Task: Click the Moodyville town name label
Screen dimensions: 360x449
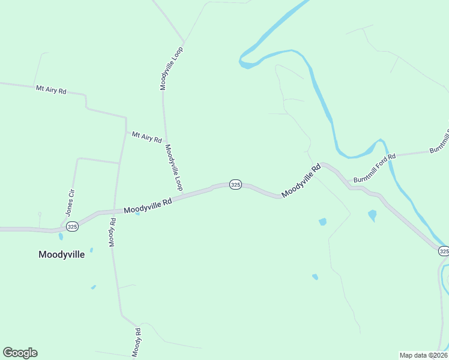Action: click(x=61, y=254)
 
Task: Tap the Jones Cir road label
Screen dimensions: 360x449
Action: click(x=70, y=203)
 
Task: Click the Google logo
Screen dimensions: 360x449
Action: click(x=20, y=353)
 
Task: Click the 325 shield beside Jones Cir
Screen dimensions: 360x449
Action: click(x=72, y=226)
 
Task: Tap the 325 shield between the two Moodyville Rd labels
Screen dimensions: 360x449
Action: click(x=235, y=185)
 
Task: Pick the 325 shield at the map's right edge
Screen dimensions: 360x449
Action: click(x=443, y=251)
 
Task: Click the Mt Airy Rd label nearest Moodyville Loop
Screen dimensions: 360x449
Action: click(x=147, y=137)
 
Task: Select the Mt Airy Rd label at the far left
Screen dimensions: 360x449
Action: click(x=51, y=90)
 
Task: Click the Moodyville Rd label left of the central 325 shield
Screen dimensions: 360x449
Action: click(x=148, y=206)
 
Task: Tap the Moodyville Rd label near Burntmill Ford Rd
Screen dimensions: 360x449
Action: click(x=301, y=181)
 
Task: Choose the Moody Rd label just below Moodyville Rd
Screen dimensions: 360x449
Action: click(x=112, y=232)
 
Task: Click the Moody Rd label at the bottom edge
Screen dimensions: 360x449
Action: click(x=137, y=343)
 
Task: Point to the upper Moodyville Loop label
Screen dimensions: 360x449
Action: click(x=171, y=68)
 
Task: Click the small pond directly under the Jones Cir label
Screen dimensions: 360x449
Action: click(x=61, y=236)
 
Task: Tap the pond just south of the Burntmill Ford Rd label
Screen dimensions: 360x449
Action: click(x=372, y=214)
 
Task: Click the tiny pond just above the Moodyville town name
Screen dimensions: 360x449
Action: click(x=91, y=250)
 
